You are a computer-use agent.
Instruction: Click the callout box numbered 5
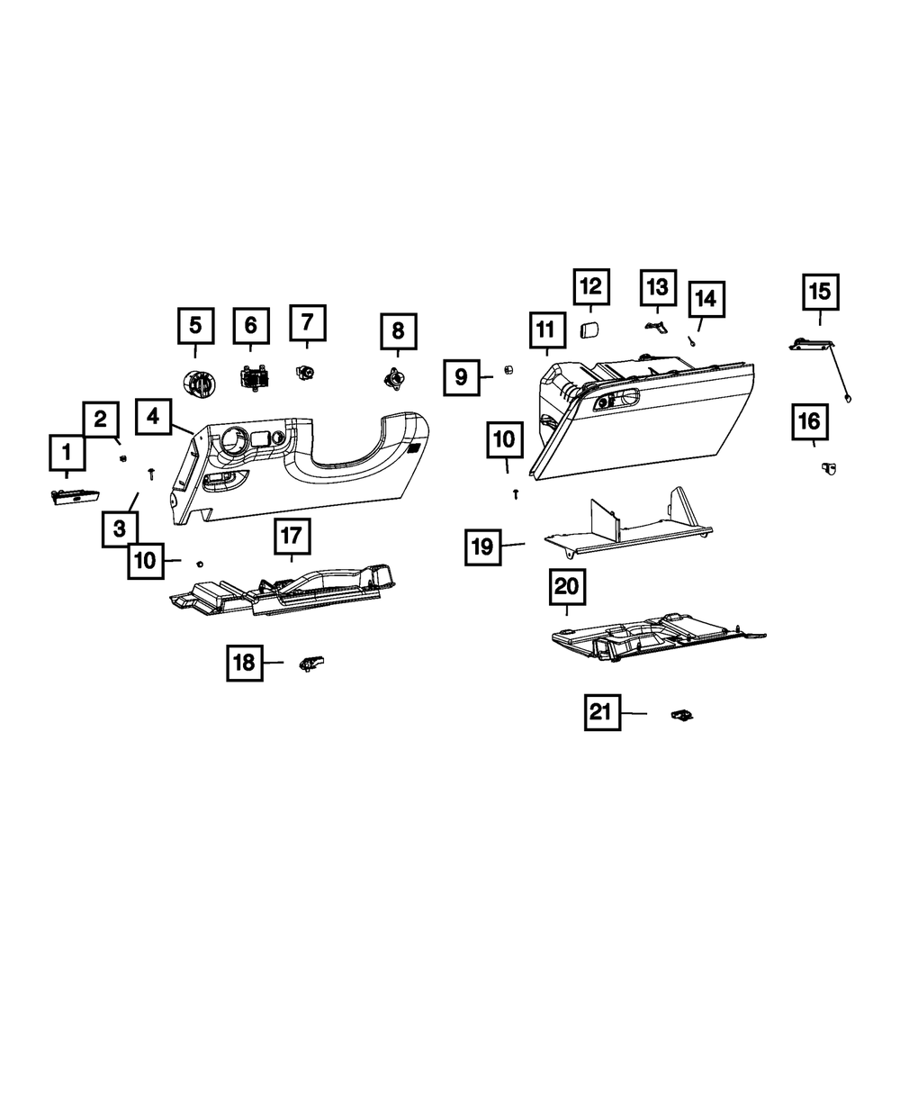pyautogui.click(x=195, y=326)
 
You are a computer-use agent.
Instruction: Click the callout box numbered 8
pyautogui.click(x=398, y=331)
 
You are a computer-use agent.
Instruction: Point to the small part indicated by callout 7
pyautogui.click(x=306, y=370)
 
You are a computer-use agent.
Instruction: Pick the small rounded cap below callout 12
pyautogui.click(x=589, y=330)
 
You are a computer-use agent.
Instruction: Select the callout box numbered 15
pyautogui.click(x=820, y=292)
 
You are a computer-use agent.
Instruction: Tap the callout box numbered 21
pyautogui.click(x=600, y=713)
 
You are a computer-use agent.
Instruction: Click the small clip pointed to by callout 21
pyautogui.click(x=683, y=715)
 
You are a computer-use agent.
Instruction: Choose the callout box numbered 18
pyautogui.click(x=244, y=664)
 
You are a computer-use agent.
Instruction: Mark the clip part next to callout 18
pyautogui.click(x=312, y=664)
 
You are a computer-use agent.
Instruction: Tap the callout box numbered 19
pyautogui.click(x=483, y=546)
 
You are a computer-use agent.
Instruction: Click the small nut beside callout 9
pyautogui.click(x=508, y=369)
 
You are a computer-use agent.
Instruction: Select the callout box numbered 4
pyautogui.click(x=154, y=416)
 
